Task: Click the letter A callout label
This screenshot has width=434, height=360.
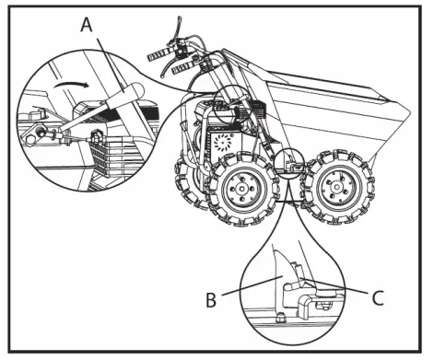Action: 88,25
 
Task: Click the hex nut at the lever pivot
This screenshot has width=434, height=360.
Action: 95,134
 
